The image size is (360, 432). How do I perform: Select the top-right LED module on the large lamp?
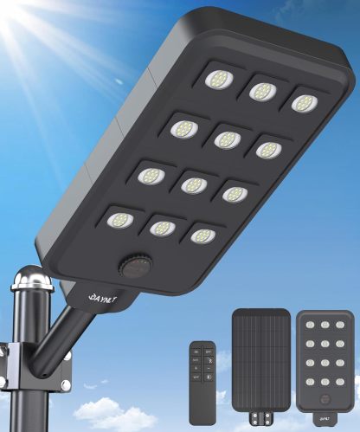[x=300, y=103]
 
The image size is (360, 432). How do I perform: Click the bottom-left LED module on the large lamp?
[x=120, y=220]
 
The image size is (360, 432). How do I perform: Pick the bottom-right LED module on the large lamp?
[x=202, y=235]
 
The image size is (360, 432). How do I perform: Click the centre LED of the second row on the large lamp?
[x=227, y=139]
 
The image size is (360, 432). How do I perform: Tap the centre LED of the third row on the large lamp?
[x=193, y=184]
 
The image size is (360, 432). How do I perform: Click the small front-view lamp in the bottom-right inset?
[x=325, y=359]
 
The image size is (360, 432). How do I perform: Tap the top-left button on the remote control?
[x=196, y=351]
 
